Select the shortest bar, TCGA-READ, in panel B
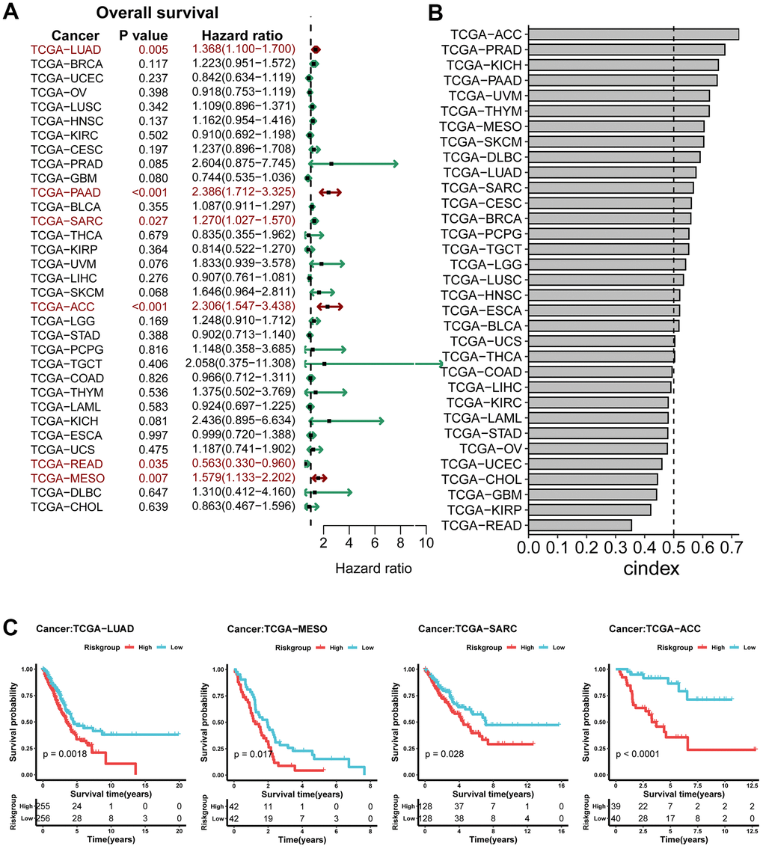coord(580,526)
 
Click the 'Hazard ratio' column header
coord(242,35)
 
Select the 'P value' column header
coord(144,35)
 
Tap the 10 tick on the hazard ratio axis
coord(426,542)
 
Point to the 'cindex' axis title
coord(651,568)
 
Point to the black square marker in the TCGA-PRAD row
coord(331,164)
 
